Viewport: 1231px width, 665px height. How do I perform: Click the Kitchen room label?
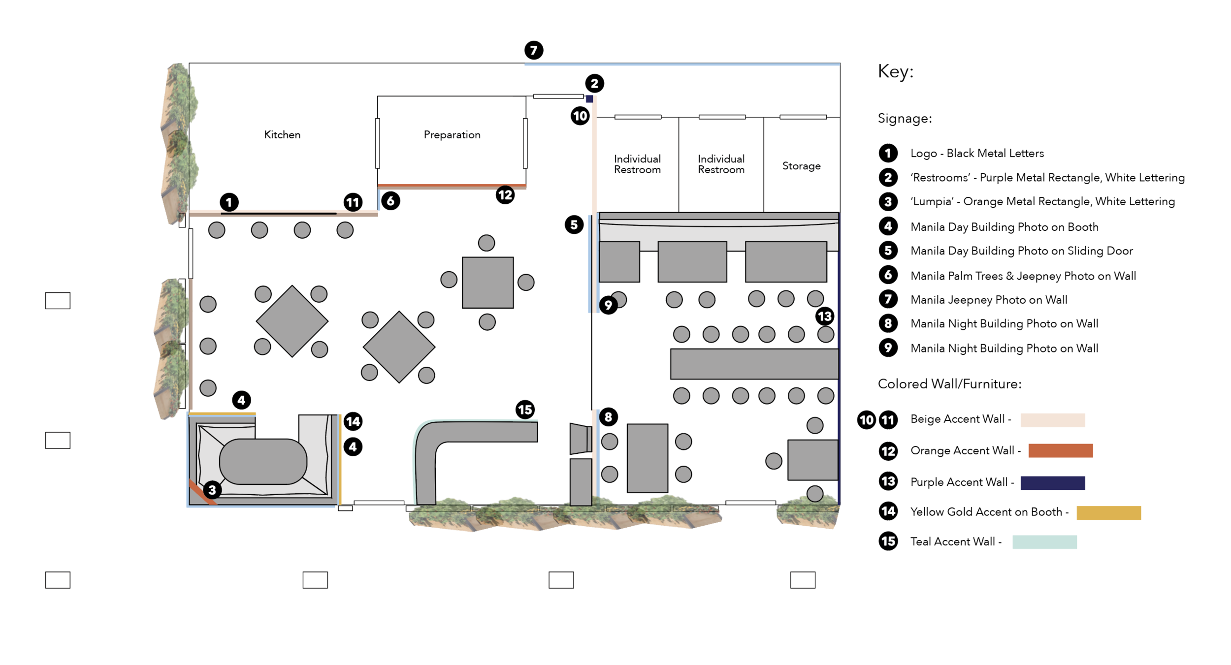(282, 135)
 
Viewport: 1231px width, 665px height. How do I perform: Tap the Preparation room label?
(452, 135)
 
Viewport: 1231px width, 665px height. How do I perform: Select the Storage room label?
(801, 166)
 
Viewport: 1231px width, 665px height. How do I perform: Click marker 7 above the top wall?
(534, 50)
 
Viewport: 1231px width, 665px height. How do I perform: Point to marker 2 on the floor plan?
(594, 84)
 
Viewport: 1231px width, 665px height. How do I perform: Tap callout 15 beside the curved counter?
(525, 410)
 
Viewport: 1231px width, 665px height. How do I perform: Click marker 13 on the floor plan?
(824, 316)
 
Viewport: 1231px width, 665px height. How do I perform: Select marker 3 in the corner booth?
(212, 490)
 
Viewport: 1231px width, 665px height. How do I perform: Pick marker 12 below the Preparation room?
(505, 195)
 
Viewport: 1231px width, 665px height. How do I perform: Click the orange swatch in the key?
(1060, 450)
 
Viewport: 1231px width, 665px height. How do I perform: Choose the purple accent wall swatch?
(1052, 483)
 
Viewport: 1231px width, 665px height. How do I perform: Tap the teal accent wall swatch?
(1044, 542)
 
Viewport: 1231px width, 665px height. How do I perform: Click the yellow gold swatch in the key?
(1108, 512)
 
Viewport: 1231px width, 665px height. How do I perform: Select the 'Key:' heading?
(895, 72)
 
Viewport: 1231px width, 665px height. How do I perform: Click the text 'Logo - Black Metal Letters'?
(977, 154)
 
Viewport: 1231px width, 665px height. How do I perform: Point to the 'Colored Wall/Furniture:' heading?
(949, 384)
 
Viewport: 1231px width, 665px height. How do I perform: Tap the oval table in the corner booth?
(263, 461)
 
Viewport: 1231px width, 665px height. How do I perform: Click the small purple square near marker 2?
(589, 99)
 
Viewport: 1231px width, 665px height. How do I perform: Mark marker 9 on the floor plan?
(608, 305)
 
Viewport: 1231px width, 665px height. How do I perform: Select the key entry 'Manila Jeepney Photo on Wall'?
(989, 300)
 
